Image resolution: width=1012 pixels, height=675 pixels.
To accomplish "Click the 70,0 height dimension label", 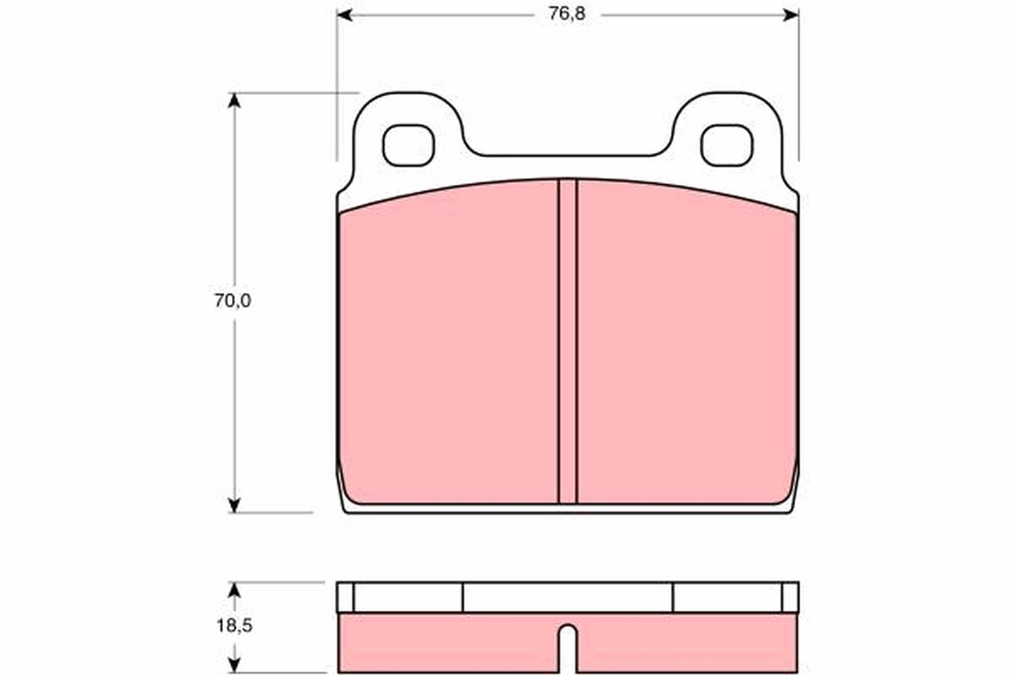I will tap(232, 301).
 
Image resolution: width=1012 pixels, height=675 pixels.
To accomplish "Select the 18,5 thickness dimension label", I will tap(234, 627).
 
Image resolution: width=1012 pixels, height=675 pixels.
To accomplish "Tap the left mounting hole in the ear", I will tap(408, 145).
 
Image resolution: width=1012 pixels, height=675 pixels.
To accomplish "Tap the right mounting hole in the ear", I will tap(726, 145).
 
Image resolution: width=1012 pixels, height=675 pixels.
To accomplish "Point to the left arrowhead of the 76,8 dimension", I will tap(343, 15).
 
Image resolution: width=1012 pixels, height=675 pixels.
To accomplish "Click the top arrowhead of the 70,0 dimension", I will tap(234, 100).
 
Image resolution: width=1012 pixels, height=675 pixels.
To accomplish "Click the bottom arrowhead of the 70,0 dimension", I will tap(234, 505).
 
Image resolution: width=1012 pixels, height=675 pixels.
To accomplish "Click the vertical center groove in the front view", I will tap(568, 342).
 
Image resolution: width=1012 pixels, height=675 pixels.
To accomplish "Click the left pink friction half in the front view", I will tap(447, 346).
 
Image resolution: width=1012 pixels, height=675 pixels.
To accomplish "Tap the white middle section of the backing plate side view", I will tap(568, 597).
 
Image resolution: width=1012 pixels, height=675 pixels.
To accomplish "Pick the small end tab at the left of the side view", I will tap(345, 597).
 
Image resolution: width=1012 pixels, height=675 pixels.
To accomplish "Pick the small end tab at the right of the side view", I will tap(790, 597).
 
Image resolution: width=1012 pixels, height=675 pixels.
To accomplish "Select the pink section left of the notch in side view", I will tap(447, 643).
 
